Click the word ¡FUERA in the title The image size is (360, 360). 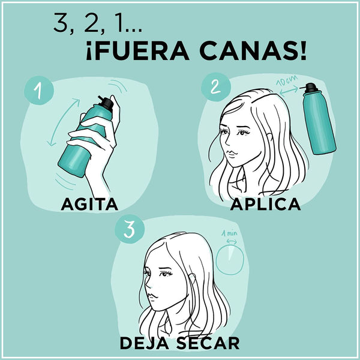coord(127,51)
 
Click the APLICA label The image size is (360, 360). coord(265,205)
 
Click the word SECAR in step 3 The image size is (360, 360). coord(208,343)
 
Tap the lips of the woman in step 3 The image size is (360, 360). coord(155,296)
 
